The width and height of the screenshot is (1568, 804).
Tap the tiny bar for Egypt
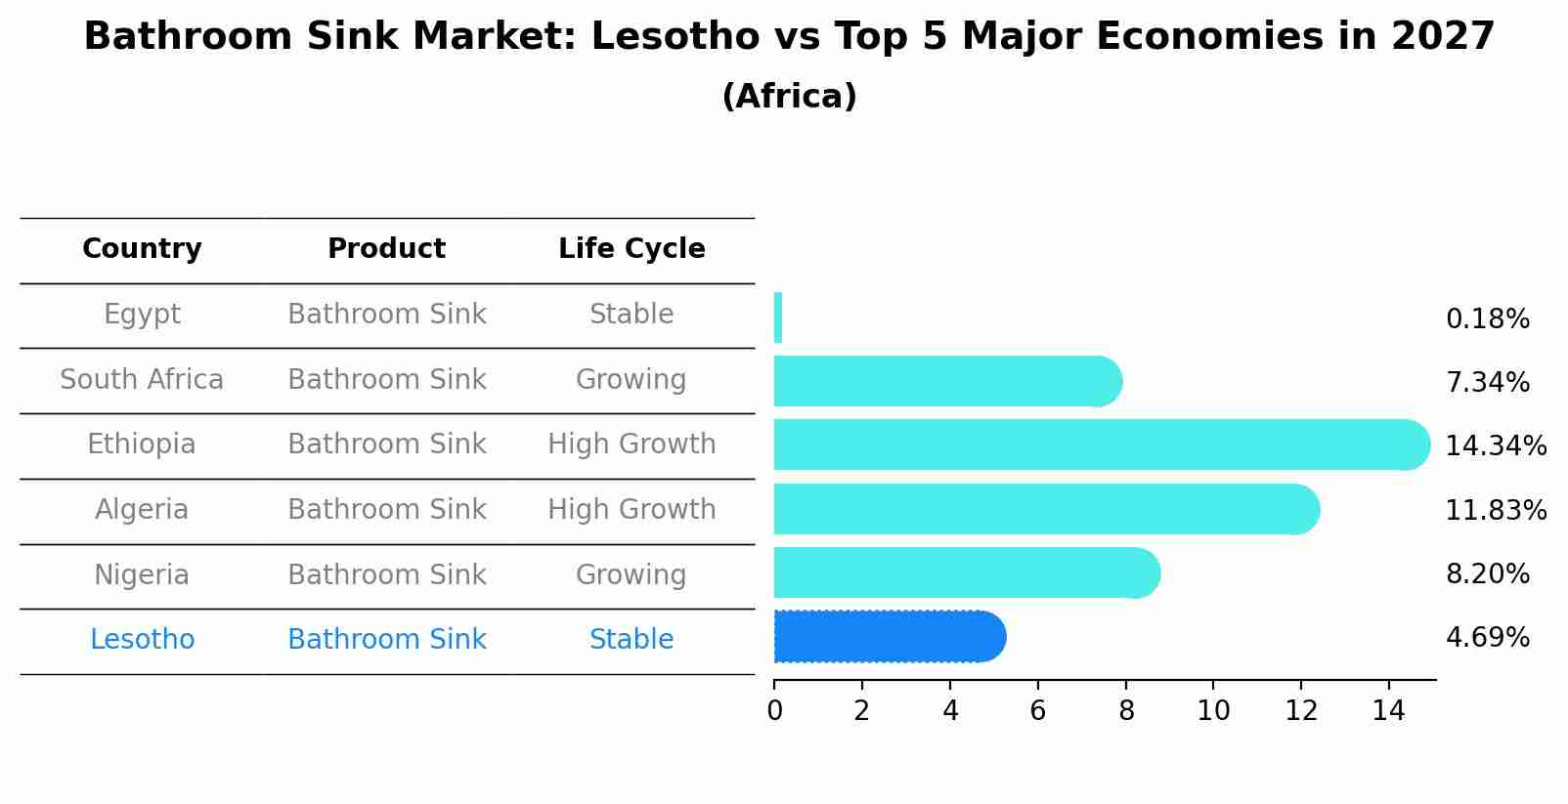(x=778, y=317)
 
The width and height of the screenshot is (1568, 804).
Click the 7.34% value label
(x=1487, y=382)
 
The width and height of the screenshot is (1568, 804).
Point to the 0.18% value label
(x=1487, y=318)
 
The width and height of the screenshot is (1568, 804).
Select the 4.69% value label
(x=1487, y=638)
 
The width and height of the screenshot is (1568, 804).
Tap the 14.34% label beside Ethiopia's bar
(x=1495, y=445)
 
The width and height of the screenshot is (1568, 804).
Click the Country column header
(x=142, y=249)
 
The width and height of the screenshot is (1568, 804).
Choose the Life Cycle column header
(x=632, y=249)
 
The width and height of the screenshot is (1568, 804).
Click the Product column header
(x=386, y=249)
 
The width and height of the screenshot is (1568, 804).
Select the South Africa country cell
(x=142, y=379)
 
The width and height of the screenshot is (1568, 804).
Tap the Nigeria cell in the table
(x=142, y=574)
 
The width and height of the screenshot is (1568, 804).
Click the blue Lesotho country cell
(x=142, y=640)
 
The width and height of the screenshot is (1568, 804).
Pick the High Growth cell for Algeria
(x=632, y=509)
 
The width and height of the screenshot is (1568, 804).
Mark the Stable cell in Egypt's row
(x=632, y=315)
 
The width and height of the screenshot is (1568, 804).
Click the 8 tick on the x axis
(x=1126, y=710)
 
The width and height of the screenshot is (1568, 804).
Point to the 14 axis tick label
(x=1388, y=710)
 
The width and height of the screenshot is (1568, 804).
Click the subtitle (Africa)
(x=789, y=97)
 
